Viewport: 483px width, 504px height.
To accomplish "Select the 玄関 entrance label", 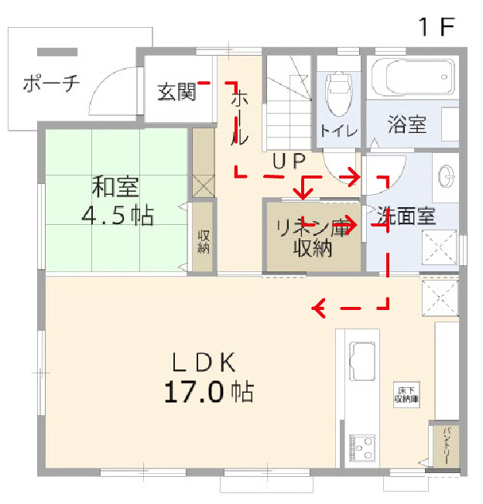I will tap(176, 92).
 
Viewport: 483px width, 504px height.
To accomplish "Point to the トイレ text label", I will tap(339, 131).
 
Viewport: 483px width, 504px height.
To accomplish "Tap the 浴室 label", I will tap(407, 124).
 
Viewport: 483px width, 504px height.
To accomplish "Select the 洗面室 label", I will tap(408, 216).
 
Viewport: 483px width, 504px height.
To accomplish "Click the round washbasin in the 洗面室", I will tap(447, 176).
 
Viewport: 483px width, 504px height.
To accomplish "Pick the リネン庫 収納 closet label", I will tap(313, 237).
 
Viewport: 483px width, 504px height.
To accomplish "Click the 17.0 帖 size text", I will tap(208, 392).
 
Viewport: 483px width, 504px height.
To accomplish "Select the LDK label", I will tap(203, 361).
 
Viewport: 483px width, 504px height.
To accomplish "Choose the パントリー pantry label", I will tap(445, 445).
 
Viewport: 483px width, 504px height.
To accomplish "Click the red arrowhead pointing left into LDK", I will tap(317, 308).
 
